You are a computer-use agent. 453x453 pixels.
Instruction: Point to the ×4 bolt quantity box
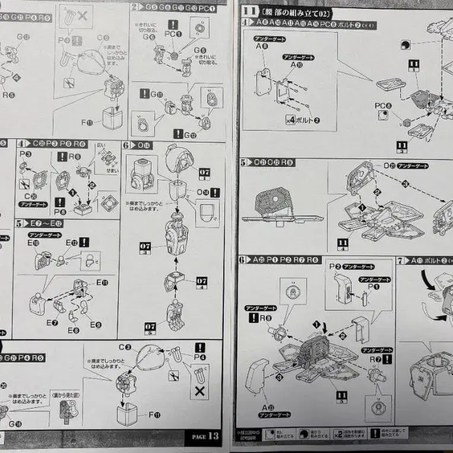click(x=291, y=120)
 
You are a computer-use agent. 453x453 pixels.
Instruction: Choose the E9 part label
click(x=96, y=324)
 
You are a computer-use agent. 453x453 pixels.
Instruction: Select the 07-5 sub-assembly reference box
click(x=150, y=325)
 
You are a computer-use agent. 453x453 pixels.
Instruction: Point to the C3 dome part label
click(x=124, y=347)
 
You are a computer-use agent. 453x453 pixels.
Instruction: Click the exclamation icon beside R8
click(x=254, y=317)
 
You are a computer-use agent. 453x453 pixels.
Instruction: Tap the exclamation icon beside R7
click(x=387, y=359)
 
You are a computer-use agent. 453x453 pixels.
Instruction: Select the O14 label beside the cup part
click(x=202, y=192)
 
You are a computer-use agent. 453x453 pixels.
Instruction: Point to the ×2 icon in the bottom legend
click(x=338, y=435)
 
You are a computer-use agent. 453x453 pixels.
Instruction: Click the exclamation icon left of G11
click(x=144, y=94)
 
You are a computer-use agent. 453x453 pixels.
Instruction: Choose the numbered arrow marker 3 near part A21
click(x=279, y=376)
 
